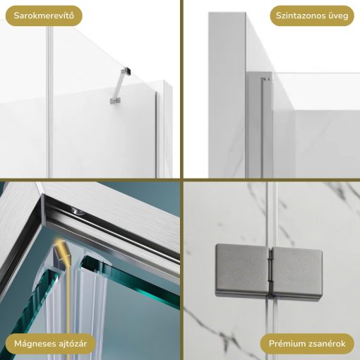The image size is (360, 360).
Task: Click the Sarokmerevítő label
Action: click(44, 16)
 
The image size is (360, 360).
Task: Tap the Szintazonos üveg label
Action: click(312, 16)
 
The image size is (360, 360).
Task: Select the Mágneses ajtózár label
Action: click(50, 344)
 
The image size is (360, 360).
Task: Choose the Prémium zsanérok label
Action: click(307, 344)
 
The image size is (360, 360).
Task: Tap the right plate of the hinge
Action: click(297, 274)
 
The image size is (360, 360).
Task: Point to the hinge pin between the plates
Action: click(271, 272)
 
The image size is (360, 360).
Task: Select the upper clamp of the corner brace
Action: click(126, 71)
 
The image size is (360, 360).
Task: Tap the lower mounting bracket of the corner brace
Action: click(115, 101)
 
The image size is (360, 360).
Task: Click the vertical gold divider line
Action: click(181, 180)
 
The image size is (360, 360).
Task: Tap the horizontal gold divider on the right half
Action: click(272, 180)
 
